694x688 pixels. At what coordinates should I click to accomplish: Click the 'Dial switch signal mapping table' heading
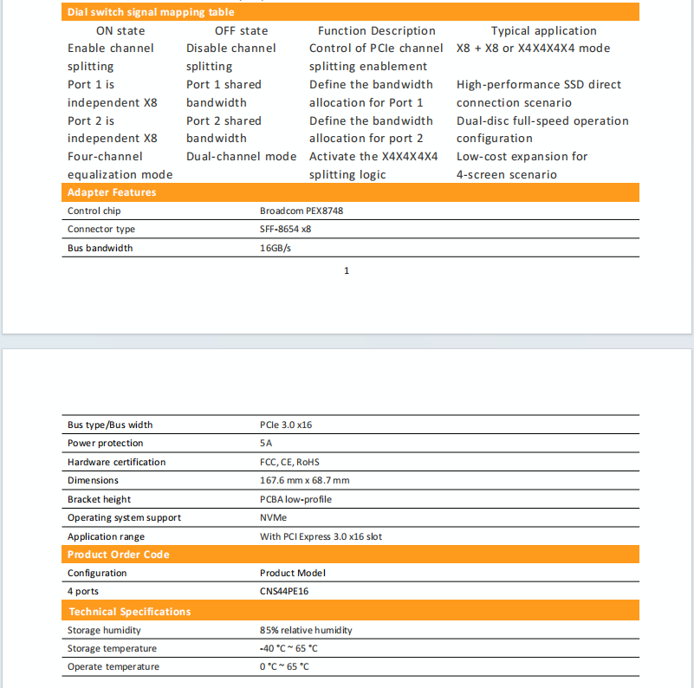151,12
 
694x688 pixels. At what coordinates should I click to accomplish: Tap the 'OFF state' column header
241,30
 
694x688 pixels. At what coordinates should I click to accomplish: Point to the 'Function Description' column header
376,30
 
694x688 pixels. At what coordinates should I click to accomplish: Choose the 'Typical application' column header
543,30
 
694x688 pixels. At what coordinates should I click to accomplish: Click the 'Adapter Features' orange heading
111,192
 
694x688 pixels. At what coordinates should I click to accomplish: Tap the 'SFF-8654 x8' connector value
285,230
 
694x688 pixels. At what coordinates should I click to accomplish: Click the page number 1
347,271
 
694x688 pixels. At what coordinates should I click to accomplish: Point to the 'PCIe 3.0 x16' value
286,425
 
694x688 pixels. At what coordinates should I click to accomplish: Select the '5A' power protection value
266,444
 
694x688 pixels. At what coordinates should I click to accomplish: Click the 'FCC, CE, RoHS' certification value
289,463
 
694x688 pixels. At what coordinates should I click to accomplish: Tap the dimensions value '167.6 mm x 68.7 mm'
304,481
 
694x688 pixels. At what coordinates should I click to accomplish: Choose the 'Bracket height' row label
99,500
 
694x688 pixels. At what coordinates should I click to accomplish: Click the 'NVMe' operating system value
273,518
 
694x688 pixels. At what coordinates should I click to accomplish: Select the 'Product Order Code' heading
118,555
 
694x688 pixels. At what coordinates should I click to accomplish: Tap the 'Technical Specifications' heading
129,612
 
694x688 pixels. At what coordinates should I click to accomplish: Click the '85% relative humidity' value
306,630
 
